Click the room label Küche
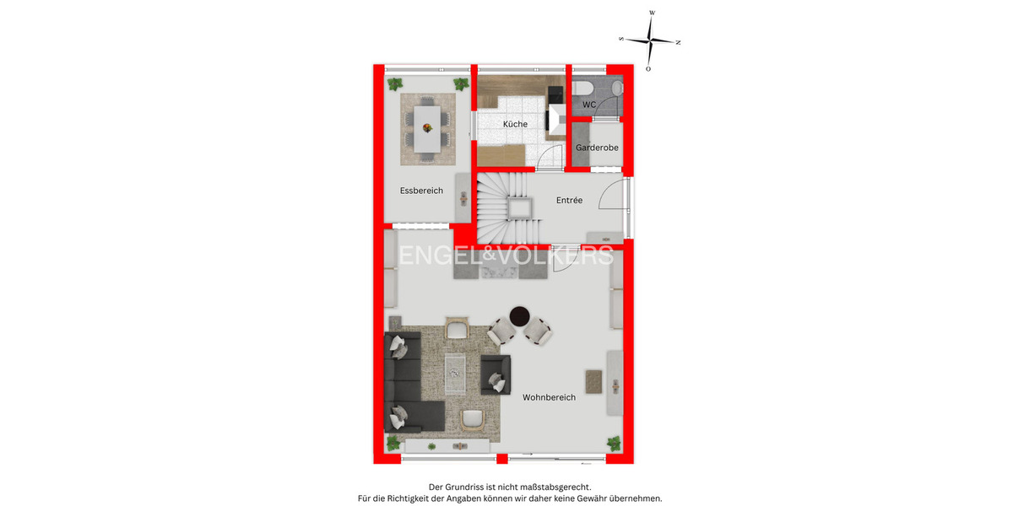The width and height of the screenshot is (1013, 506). (515, 124)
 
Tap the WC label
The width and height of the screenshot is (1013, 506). (589, 105)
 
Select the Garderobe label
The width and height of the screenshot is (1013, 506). (597, 148)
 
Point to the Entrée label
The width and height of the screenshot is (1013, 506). (569, 201)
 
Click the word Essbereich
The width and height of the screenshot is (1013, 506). (421, 191)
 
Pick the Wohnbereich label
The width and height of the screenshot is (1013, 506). (549, 397)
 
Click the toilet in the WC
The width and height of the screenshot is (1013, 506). (582, 87)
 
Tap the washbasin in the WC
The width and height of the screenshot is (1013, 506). (617, 88)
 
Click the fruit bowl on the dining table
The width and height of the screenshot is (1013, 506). (427, 128)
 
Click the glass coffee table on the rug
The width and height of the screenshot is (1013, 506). (455, 367)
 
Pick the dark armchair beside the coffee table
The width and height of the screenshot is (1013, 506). (496, 374)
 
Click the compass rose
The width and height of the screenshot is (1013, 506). (649, 40)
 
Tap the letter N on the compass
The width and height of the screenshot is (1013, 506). (678, 41)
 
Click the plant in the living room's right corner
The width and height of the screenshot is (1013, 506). (614, 443)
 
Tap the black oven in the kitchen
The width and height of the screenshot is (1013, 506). (555, 94)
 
